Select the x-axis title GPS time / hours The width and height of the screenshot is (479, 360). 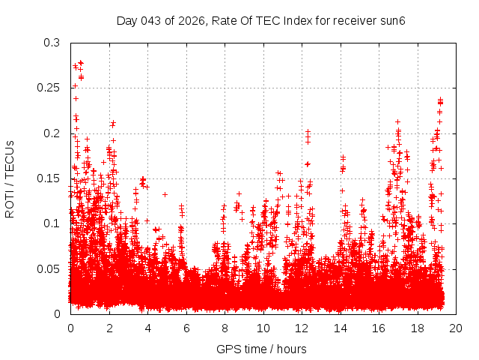pyautogui.click(x=261, y=349)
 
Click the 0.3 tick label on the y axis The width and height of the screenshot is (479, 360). pyautogui.click(x=52, y=43)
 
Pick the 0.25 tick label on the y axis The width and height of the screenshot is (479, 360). pyautogui.click(x=49, y=88)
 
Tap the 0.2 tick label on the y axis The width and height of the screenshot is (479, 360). pyautogui.click(x=52, y=133)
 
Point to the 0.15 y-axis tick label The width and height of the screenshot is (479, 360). pyautogui.click(x=49, y=178)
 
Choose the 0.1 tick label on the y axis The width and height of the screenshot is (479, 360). pyautogui.click(x=52, y=223)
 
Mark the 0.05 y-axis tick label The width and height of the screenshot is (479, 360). pyautogui.click(x=49, y=268)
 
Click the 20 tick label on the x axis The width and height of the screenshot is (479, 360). pyautogui.click(x=456, y=328)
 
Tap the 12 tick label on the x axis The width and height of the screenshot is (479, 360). pyautogui.click(x=302, y=328)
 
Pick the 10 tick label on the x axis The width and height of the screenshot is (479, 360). pyautogui.click(x=263, y=328)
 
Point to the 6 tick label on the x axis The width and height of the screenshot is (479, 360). pyautogui.click(x=186, y=328)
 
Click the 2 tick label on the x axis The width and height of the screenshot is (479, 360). pyautogui.click(x=109, y=328)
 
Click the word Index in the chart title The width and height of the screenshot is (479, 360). pyautogui.click(x=294, y=20)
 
